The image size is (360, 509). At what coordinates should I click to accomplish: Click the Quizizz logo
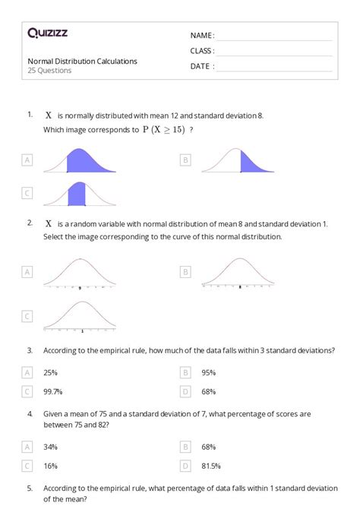(x=47, y=33)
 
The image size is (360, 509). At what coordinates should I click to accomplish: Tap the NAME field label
(x=202, y=35)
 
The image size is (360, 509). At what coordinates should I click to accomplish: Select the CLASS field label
(x=202, y=51)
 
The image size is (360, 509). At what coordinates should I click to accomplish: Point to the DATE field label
(x=202, y=66)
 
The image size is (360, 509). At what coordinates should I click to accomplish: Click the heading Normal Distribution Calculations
(x=83, y=61)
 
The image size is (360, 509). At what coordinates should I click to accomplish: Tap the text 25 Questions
(x=50, y=71)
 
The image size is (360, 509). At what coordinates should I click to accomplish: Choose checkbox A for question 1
(x=28, y=160)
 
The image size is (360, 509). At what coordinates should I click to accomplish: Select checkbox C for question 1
(x=28, y=194)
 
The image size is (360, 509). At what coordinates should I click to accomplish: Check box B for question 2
(x=185, y=271)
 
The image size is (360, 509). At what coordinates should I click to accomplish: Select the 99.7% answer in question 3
(x=53, y=391)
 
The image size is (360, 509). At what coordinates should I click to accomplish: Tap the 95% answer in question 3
(x=209, y=373)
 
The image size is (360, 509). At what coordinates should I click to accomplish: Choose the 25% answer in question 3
(x=51, y=373)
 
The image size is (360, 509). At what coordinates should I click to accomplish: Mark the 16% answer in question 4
(x=51, y=466)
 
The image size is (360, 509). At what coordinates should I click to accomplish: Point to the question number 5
(x=30, y=489)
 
